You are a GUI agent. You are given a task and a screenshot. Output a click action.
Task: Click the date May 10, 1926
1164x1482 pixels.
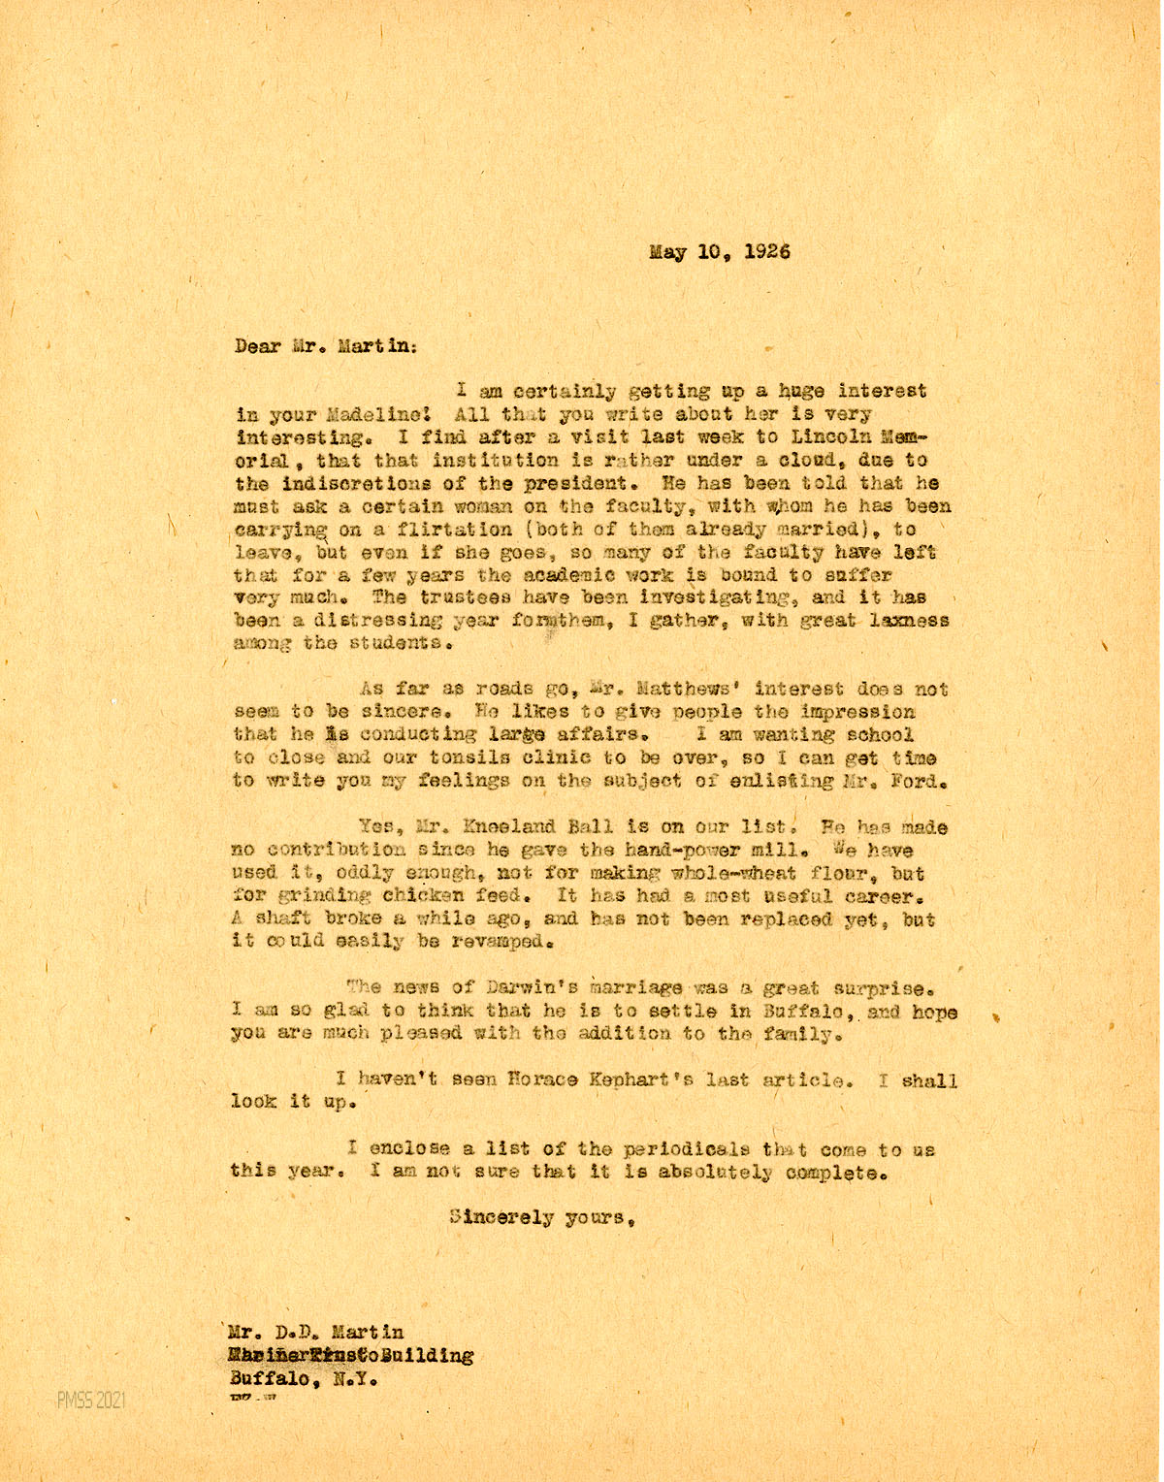coord(719,251)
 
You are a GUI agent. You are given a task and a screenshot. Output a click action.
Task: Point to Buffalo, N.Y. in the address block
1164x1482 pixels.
coord(303,1378)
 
